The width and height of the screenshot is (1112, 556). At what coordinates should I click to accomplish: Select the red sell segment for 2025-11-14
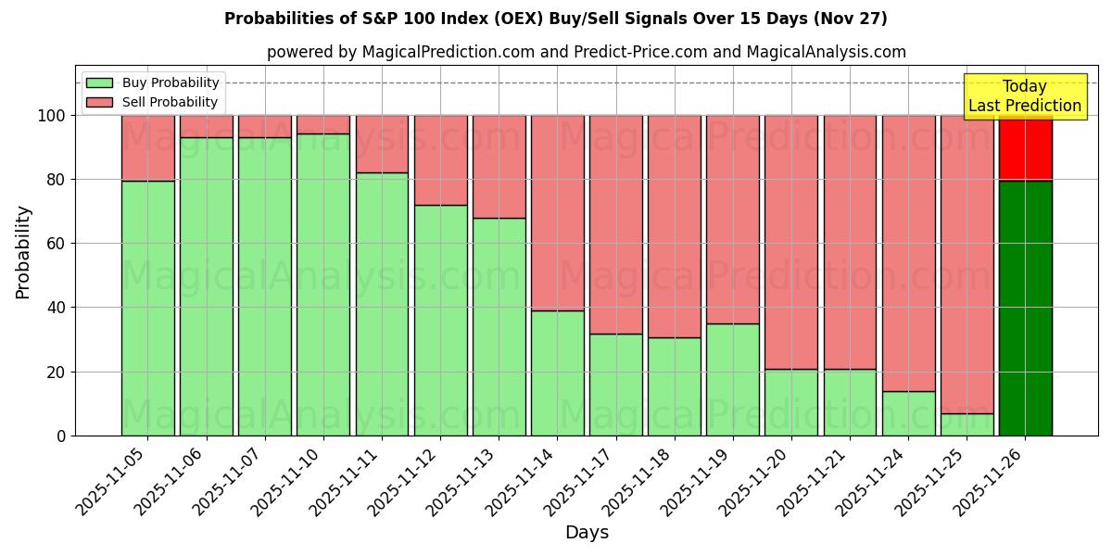(558, 212)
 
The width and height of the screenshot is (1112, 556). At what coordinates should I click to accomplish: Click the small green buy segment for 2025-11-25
(967, 424)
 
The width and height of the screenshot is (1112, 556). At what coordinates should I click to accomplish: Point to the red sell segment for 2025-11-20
(791, 242)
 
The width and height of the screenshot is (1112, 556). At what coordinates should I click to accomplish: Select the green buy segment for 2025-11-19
(733, 379)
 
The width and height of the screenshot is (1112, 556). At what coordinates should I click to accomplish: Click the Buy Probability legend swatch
(99, 83)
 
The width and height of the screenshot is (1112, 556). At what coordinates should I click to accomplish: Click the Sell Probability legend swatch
(99, 103)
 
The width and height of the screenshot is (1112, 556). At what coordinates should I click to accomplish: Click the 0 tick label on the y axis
(61, 436)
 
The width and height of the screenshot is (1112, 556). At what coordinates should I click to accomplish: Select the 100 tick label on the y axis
(52, 116)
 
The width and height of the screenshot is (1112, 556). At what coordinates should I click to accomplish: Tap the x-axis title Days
(587, 533)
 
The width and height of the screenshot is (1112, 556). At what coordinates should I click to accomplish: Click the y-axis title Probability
(24, 251)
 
